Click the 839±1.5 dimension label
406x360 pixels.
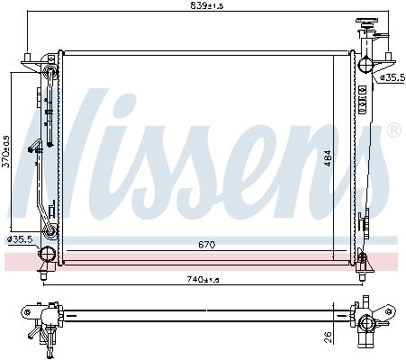click(x=207, y=5)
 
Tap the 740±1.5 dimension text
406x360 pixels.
click(x=203, y=280)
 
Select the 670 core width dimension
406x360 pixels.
click(x=207, y=245)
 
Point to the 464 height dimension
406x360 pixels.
click(x=328, y=158)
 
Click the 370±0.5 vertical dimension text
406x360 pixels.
click(x=6, y=151)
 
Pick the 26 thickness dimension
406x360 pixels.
click(x=328, y=337)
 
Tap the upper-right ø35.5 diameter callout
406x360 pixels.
click(x=392, y=77)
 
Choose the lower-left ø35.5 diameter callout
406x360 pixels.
click(x=20, y=239)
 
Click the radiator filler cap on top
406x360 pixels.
click(x=366, y=22)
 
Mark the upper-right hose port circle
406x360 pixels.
click(x=365, y=64)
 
